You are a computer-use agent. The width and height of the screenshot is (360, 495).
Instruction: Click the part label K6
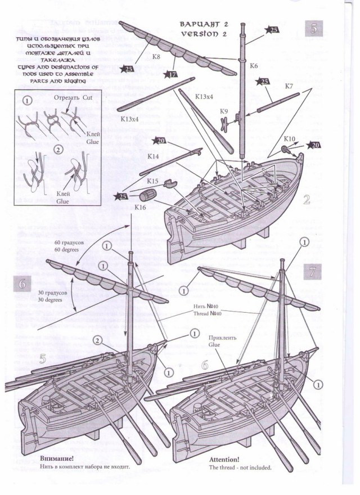254,66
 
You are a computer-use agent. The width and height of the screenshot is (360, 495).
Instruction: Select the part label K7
289,86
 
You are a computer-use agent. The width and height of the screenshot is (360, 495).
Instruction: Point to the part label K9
224,111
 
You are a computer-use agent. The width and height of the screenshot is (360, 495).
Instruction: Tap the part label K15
151,182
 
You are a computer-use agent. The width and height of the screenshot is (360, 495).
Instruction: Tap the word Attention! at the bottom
224,459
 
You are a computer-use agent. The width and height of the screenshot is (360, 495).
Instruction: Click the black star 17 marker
170,73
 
